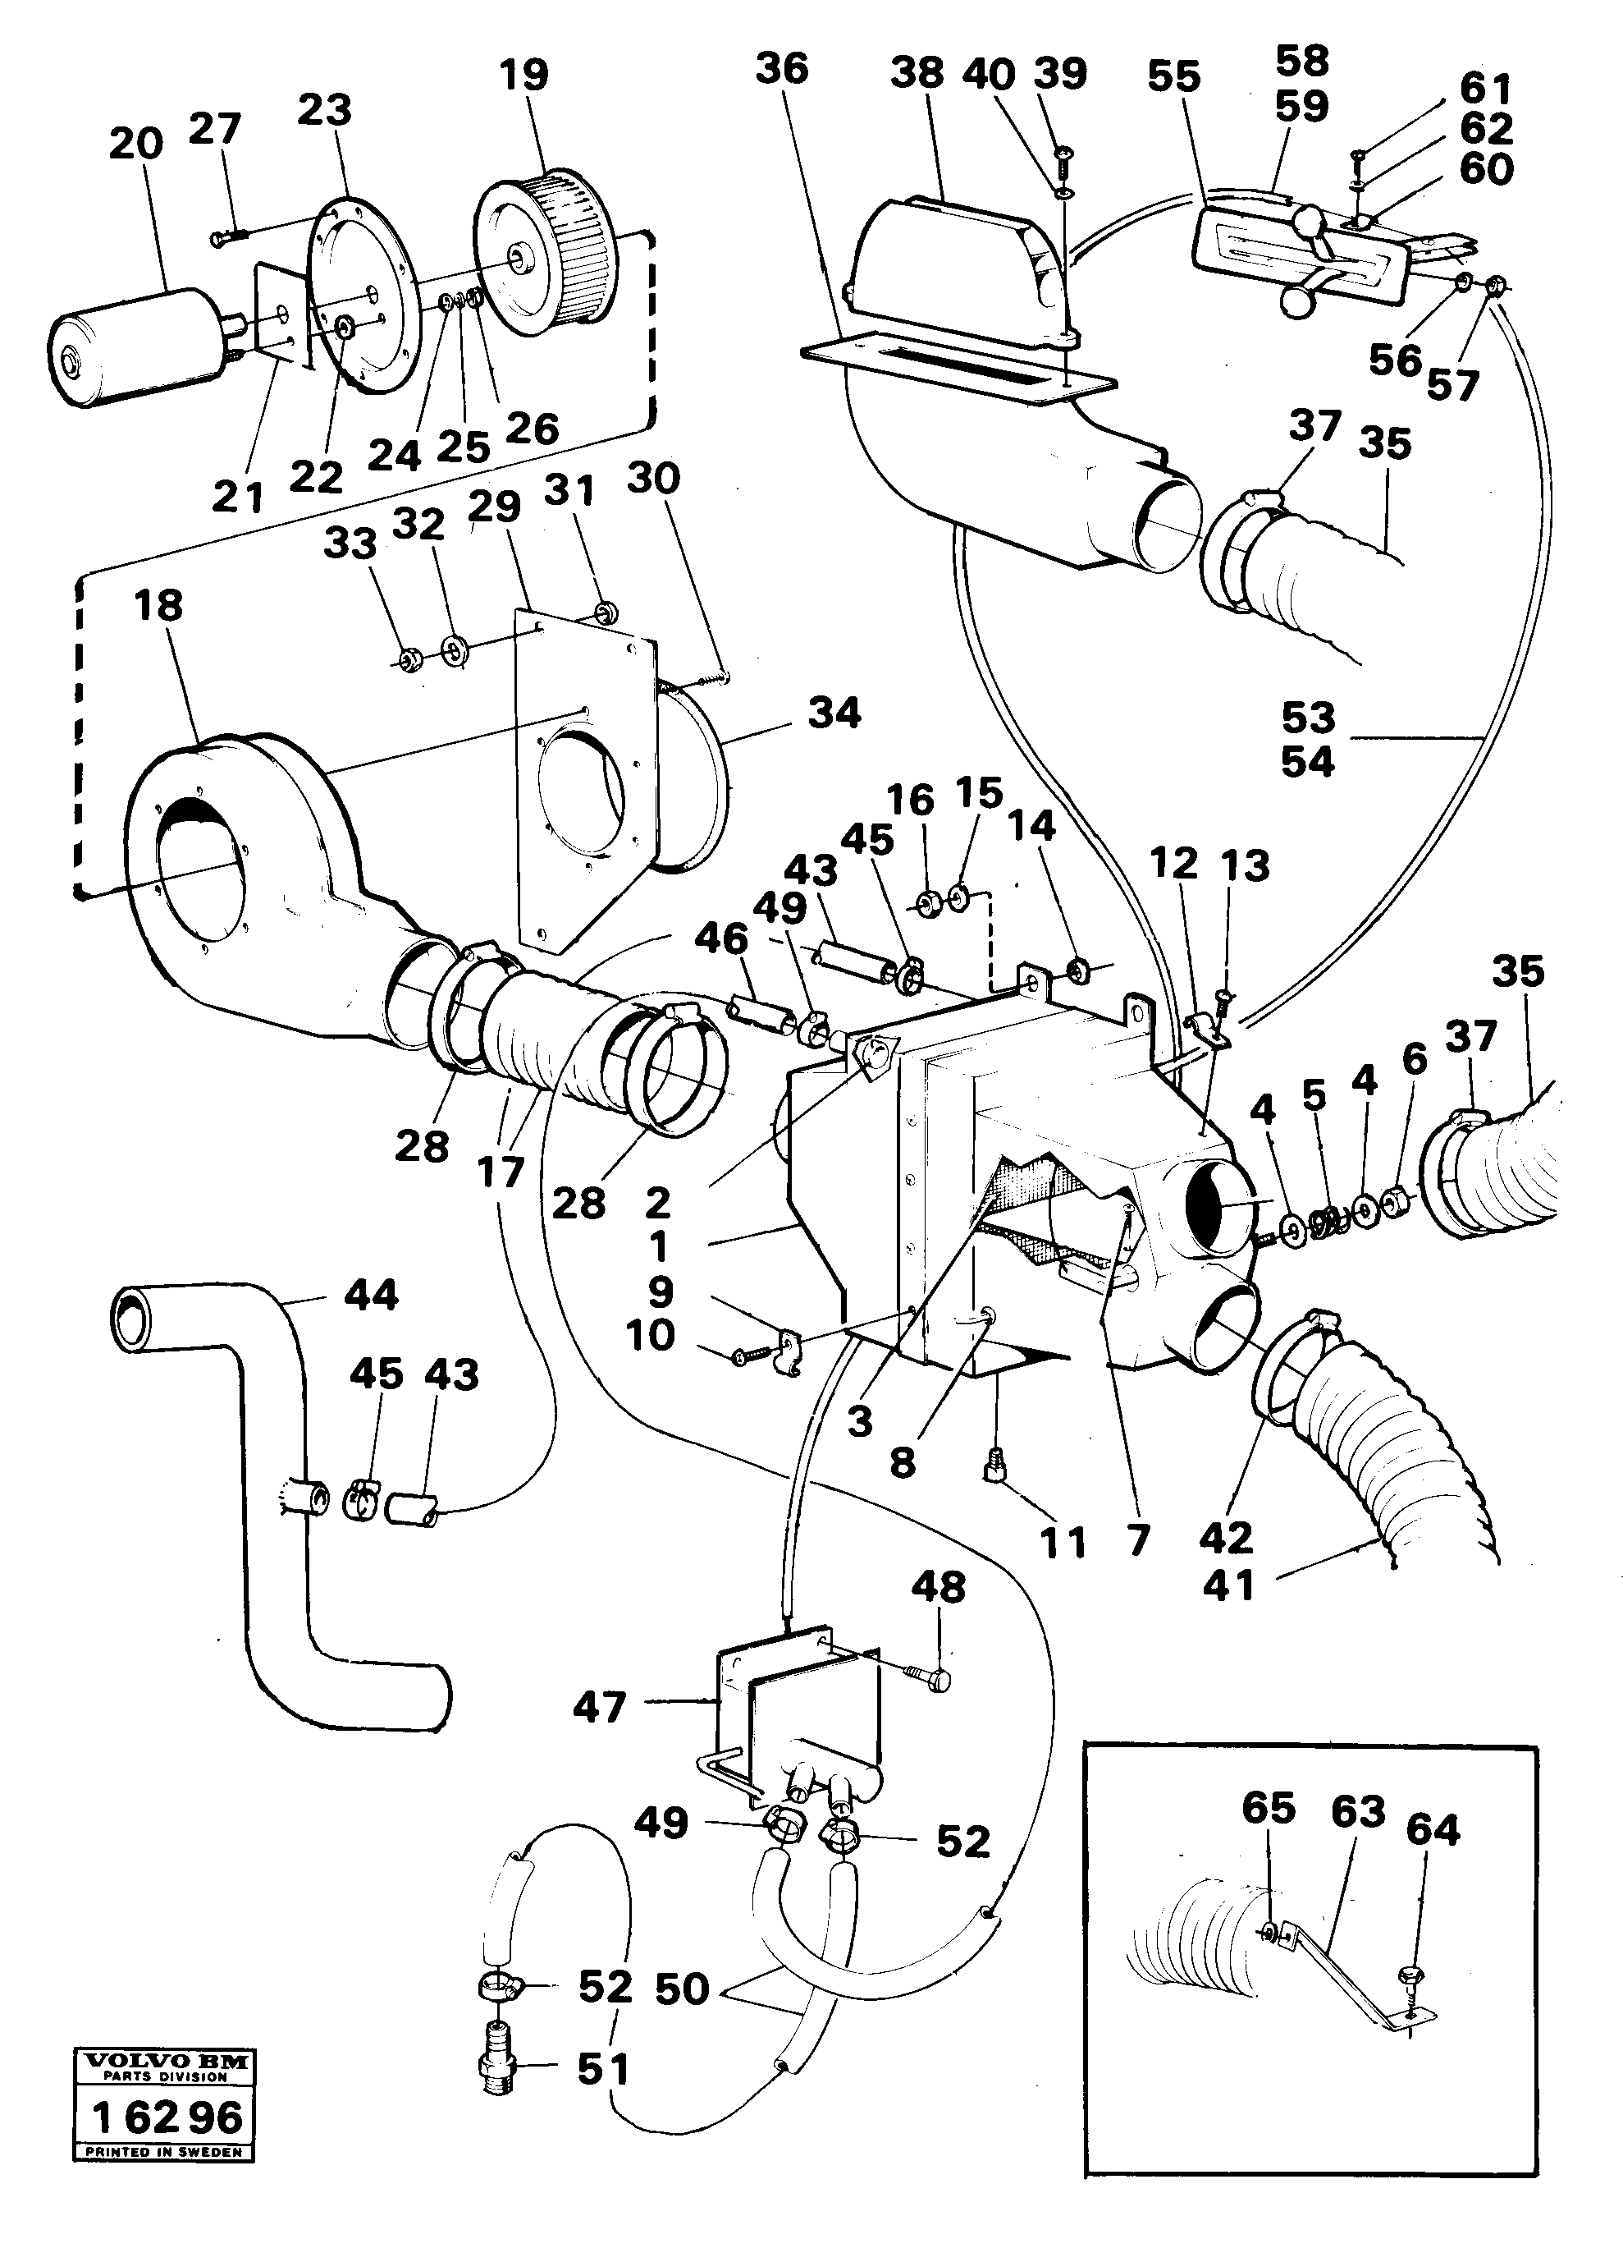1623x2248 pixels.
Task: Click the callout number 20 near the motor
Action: click(x=135, y=145)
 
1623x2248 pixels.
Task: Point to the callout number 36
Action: click(x=782, y=70)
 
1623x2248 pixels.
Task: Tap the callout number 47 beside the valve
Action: click(x=600, y=1707)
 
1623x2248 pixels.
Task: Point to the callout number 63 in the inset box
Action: click(x=1357, y=1811)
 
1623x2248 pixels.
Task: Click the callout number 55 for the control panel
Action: click(x=1174, y=76)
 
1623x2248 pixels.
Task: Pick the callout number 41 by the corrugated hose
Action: click(x=1228, y=1586)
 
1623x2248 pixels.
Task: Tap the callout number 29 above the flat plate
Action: click(x=495, y=507)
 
